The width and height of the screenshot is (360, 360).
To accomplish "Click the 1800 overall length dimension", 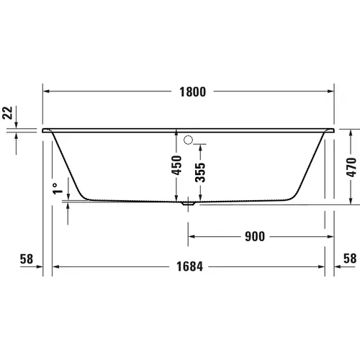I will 189,91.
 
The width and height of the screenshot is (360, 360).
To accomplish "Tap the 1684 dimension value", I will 189,266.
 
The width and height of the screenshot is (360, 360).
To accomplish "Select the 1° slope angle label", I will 57,189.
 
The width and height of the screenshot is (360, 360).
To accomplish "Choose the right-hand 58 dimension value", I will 350,258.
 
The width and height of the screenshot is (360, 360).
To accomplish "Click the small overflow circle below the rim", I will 189,140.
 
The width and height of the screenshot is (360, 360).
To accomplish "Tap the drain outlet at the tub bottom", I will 189,204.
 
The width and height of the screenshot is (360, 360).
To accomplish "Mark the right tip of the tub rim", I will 335,131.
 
